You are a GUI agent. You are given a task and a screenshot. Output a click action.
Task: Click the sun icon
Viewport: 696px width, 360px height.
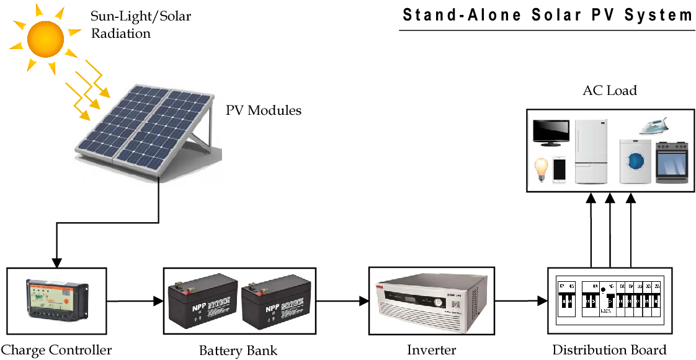coord(46,37)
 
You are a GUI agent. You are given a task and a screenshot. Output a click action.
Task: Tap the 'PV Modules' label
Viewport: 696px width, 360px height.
coord(263,111)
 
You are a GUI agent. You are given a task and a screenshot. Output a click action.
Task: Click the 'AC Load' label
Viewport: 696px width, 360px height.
coord(610,91)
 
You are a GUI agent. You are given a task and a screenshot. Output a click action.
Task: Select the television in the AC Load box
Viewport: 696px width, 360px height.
coord(551,132)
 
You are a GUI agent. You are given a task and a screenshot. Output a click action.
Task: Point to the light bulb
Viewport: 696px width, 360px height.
coord(542,169)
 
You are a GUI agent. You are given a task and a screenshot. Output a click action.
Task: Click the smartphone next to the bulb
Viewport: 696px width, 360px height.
coord(560,169)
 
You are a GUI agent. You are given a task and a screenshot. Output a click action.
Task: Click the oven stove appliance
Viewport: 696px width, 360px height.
coord(672,162)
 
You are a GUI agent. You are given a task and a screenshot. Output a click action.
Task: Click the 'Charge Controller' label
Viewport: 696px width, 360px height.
coord(56,350)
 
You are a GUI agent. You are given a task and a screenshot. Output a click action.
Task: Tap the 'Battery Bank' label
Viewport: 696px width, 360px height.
coord(238,350)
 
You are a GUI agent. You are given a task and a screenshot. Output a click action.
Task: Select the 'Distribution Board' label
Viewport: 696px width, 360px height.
coord(609,350)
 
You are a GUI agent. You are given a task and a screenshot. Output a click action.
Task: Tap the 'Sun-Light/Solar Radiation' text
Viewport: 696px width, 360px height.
coord(141,25)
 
